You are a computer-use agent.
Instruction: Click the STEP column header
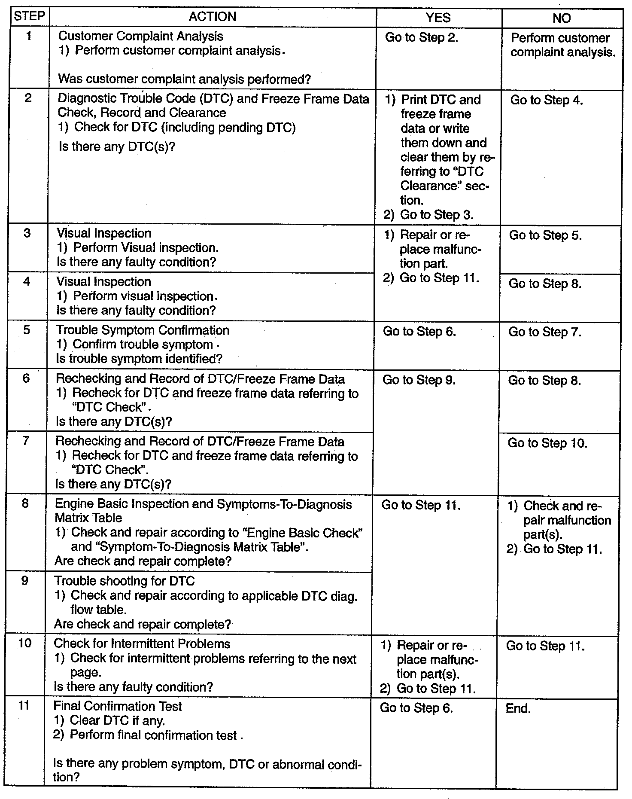click(29, 16)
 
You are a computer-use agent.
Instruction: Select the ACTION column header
click(213, 17)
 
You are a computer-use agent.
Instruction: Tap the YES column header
click(438, 17)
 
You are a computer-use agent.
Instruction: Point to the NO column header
click(562, 18)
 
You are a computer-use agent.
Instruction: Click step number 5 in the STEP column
click(27, 330)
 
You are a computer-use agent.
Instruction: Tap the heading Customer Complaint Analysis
click(140, 36)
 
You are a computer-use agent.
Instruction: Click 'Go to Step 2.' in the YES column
click(421, 37)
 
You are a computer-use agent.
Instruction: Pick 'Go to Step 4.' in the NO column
click(547, 100)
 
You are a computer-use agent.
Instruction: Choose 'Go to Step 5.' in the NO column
click(545, 235)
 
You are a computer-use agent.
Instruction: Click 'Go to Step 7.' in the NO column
click(545, 332)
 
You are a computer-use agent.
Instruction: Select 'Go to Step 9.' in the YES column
click(419, 380)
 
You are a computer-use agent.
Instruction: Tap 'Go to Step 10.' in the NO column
click(547, 443)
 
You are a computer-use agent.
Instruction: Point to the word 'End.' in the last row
click(518, 708)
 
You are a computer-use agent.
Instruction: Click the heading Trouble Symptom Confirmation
click(143, 330)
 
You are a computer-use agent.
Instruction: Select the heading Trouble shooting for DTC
click(125, 581)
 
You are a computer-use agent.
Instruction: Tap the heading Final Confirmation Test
click(117, 706)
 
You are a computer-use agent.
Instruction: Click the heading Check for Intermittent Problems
click(142, 644)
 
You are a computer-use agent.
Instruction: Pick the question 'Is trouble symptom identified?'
click(139, 359)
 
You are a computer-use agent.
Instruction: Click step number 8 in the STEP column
click(25, 503)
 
